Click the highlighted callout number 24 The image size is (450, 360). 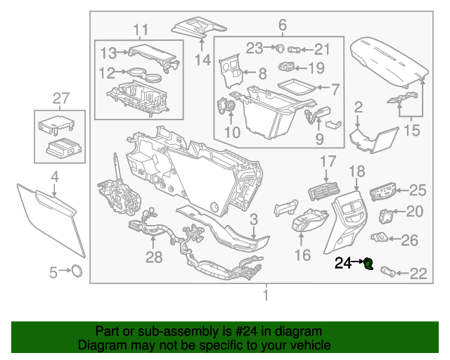coord(342,264)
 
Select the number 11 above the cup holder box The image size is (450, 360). coord(141,30)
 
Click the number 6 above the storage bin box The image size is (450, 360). coord(283,26)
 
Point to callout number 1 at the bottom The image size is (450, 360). coord(265,295)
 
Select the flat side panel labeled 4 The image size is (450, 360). coord(51,218)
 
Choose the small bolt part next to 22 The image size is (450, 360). coord(388,271)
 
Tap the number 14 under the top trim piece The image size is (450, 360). coord(202,60)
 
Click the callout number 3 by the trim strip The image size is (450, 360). coord(254,219)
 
